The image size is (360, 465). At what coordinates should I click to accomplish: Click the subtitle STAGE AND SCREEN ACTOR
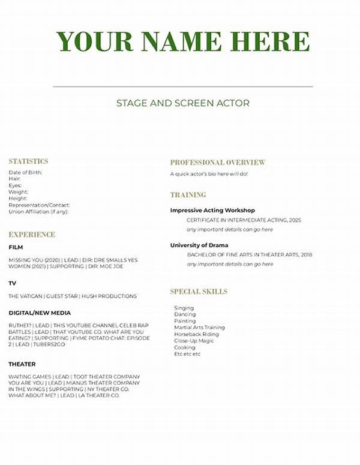pos(183,103)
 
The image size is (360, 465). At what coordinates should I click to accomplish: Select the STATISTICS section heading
pos(28,161)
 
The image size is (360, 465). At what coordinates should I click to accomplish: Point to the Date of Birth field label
pos(25,173)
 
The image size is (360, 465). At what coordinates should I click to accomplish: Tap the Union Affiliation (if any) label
pos(38,212)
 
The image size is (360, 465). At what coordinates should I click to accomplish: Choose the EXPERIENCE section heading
pos(32,235)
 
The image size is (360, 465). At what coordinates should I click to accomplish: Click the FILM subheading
pos(16,247)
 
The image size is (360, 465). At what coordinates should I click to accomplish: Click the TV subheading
pos(13,283)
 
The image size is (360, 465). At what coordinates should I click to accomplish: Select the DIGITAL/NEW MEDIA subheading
pos(40,313)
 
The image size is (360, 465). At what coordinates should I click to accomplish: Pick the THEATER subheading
pos(22,364)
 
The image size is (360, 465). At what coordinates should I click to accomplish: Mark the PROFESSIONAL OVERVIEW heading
pos(217,163)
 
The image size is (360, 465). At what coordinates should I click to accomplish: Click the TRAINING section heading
pos(188,195)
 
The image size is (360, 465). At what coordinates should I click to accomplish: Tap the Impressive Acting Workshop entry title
pos(212,211)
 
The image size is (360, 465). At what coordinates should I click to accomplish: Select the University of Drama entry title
pos(199,245)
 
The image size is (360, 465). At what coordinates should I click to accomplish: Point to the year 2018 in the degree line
pos(305,254)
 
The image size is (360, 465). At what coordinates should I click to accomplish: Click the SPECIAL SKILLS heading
pos(199,292)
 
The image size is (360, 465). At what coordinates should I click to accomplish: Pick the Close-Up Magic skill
pos(194,341)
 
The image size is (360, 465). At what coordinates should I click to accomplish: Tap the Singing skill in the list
pos(184,308)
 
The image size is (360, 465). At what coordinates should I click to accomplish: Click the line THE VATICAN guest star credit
pos(73,296)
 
